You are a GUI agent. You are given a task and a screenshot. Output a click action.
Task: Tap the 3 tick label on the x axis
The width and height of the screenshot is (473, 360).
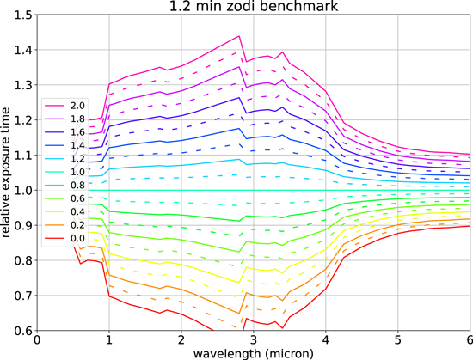(252, 339)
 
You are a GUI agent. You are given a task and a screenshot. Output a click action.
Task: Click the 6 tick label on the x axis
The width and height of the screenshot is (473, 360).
(468, 339)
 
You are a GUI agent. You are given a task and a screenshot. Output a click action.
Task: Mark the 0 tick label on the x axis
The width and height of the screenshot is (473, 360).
(37, 339)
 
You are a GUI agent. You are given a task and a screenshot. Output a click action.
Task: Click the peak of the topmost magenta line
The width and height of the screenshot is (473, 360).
(238, 36)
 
